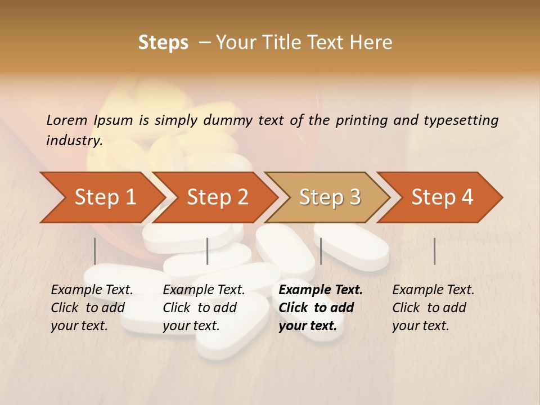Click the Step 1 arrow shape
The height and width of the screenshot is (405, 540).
click(x=105, y=197)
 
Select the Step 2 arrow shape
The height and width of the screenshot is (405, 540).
click(x=217, y=197)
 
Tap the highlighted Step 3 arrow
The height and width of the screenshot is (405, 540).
click(x=330, y=197)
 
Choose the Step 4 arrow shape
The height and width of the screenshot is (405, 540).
click(x=442, y=197)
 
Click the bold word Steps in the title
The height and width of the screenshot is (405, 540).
click(x=163, y=43)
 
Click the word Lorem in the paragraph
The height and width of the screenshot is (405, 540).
click(x=67, y=120)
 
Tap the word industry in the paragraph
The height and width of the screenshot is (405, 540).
click(x=74, y=141)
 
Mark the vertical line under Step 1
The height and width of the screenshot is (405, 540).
click(x=95, y=251)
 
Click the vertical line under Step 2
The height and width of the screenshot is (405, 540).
click(x=208, y=251)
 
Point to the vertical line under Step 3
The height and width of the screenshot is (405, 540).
click(x=321, y=251)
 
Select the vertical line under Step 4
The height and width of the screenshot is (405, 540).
click(x=434, y=251)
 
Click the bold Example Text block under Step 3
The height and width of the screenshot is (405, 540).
click(x=320, y=308)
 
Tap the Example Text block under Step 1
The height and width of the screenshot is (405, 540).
click(x=92, y=308)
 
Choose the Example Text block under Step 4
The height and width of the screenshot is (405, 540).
click(x=433, y=308)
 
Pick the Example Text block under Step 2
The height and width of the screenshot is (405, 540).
click(x=204, y=308)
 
